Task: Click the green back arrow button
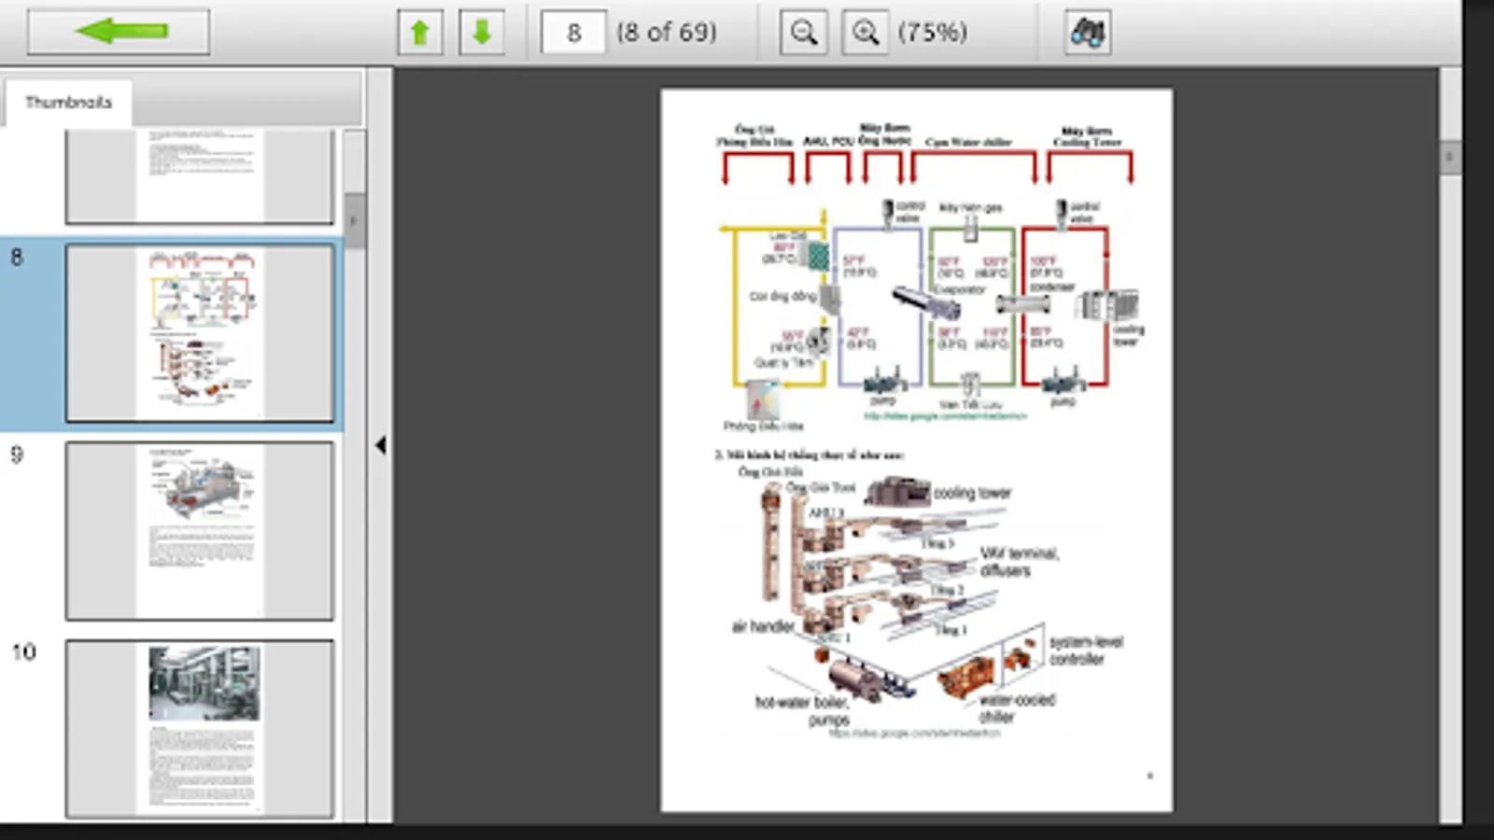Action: [119, 32]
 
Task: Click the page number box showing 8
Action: [572, 33]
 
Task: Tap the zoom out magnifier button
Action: [803, 33]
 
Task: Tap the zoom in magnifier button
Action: [865, 33]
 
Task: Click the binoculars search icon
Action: [1087, 33]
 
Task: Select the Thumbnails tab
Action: [68, 102]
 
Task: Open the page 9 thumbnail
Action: [199, 530]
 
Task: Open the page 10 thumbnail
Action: [199, 728]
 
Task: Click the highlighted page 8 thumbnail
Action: [199, 333]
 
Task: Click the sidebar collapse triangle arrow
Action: [380, 445]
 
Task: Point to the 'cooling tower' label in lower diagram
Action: [972, 493]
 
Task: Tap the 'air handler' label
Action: [763, 626]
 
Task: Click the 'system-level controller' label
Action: [1085, 650]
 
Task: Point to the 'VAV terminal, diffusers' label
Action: [1018, 561]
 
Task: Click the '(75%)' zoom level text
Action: [932, 33]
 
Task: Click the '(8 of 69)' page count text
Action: [666, 33]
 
